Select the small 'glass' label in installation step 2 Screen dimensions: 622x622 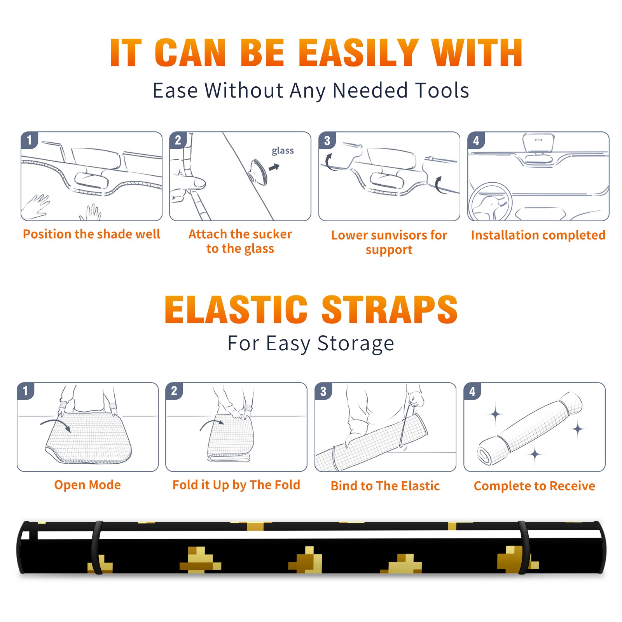coord(283,151)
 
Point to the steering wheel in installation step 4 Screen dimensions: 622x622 coord(490,202)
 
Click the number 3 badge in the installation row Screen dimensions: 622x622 coord(327,140)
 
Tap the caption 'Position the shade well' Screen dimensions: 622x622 coord(91,234)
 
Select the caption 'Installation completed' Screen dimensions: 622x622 coord(538,235)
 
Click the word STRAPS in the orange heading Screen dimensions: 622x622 coord(390,309)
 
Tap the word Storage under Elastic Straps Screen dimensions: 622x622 coord(356,344)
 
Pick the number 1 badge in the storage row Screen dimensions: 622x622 coord(26,391)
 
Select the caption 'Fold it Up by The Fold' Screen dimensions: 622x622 coord(236,485)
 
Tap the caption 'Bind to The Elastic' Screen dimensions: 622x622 coord(385,486)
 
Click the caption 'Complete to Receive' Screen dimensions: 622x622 coord(535,486)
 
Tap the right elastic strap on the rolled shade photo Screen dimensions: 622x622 coord(523,547)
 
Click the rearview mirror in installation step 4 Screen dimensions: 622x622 coord(538,143)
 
